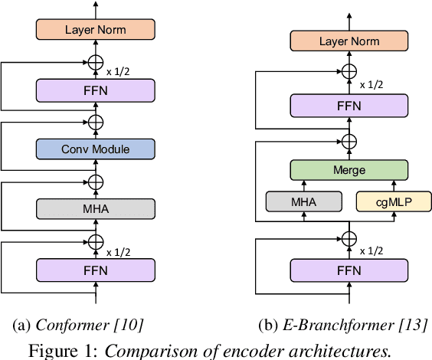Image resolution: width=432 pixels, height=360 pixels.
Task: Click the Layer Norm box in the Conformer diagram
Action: [x=96, y=30]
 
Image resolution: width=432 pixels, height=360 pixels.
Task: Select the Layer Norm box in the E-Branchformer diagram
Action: [x=349, y=41]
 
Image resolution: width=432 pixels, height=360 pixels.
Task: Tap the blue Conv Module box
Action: [x=96, y=149]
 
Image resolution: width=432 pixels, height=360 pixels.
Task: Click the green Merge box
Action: [x=349, y=170]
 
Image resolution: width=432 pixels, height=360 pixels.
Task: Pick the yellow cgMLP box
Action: [x=392, y=201]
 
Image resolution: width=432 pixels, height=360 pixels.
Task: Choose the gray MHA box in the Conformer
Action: [x=96, y=208]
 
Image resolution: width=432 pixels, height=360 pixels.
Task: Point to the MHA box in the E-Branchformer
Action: [x=303, y=201]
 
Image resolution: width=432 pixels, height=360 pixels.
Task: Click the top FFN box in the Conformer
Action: [x=96, y=90]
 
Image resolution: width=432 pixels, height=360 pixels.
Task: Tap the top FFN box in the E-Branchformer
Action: [x=349, y=106]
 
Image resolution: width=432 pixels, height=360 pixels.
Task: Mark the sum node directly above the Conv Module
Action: [x=96, y=121]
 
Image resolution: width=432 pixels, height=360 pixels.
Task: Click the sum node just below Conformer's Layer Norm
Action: [x=96, y=61]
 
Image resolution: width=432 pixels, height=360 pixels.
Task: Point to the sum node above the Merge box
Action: [x=349, y=141]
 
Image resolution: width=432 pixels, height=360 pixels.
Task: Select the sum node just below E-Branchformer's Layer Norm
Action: [x=349, y=71]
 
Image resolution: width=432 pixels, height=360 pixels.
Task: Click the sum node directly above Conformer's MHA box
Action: [x=96, y=181]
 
